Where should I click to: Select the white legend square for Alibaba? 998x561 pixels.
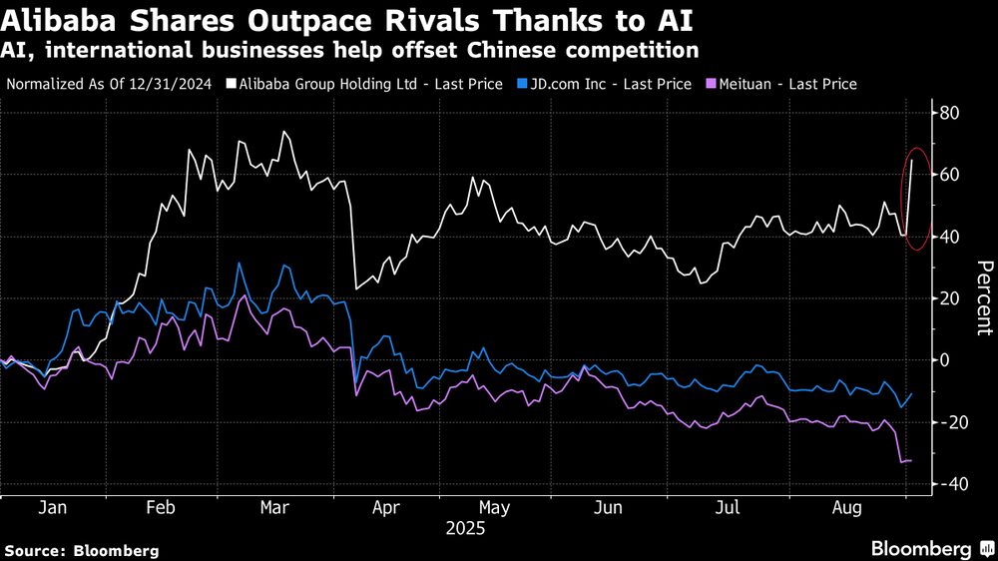232,84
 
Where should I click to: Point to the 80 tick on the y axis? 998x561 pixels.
950,113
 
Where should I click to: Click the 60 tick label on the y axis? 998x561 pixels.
950,175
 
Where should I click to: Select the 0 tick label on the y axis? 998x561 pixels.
954,360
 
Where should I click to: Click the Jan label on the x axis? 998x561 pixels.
52,507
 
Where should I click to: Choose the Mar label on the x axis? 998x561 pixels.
274,507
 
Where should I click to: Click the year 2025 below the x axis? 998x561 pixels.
464,529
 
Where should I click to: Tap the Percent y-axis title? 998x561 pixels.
984,296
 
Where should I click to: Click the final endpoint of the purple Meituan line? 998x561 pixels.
911,460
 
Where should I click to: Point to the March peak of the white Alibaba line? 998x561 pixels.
284,132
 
